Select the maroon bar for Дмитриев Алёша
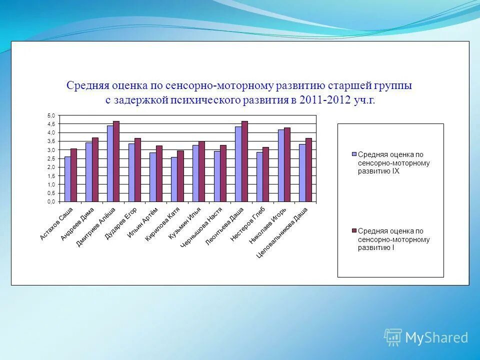point(116,161)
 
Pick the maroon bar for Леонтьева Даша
point(244,161)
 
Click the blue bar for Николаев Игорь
point(281,165)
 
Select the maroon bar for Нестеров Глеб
point(266,174)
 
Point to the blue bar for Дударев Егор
point(131,172)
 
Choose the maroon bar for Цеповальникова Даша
point(308,170)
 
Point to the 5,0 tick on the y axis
point(51,115)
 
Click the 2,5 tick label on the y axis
point(51,158)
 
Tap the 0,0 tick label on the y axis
point(51,202)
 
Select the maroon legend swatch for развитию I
point(354,230)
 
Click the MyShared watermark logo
point(426,337)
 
